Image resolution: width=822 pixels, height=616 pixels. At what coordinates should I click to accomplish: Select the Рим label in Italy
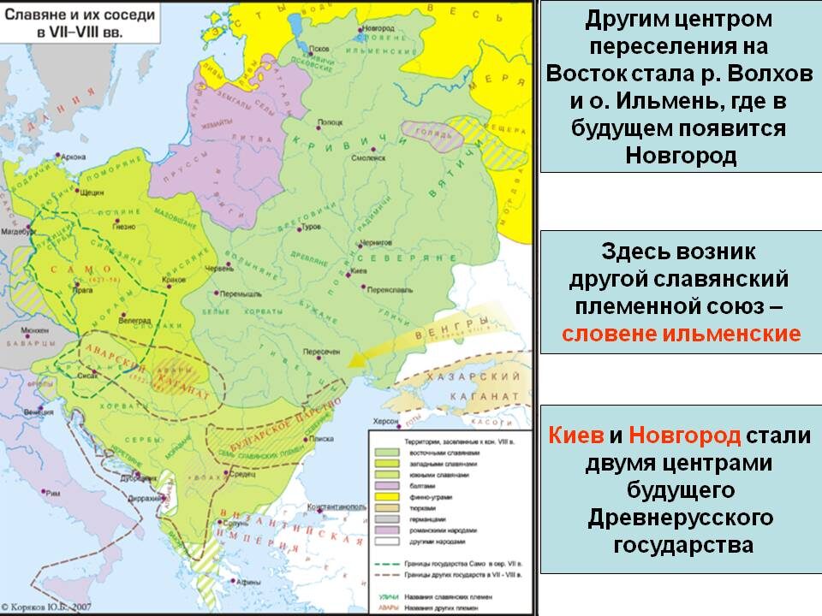(x=53, y=494)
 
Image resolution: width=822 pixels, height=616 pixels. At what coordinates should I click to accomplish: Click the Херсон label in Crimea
(x=384, y=420)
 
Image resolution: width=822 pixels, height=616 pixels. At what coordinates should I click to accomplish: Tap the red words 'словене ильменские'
(x=681, y=333)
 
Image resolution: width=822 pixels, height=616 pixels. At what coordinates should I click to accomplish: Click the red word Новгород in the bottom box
(x=684, y=435)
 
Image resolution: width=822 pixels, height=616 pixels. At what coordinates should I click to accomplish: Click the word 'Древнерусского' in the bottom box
(x=681, y=518)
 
